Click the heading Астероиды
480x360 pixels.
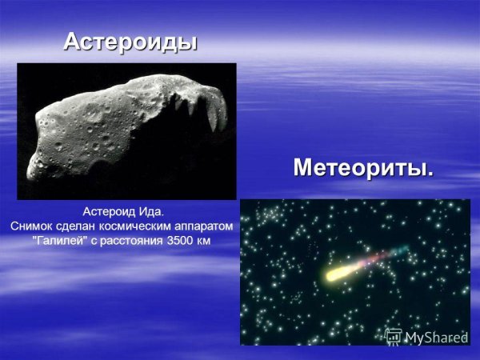tap(130, 41)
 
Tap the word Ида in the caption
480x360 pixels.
tap(150, 212)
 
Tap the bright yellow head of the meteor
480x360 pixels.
tap(334, 274)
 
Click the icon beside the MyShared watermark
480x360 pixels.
tap(393, 337)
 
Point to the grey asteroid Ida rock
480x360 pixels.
tap(112, 128)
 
